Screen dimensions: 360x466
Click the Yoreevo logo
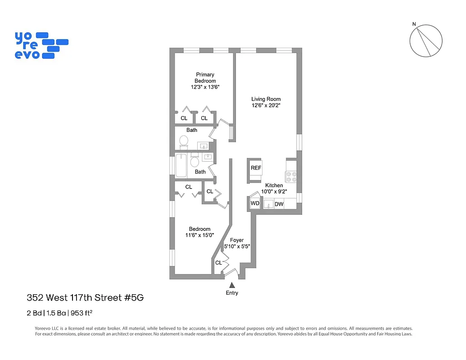click(41, 45)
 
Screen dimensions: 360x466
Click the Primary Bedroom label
click(205, 78)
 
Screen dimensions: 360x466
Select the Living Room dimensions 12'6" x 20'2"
click(266, 106)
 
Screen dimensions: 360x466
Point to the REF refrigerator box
click(256, 168)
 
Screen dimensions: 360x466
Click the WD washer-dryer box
click(255, 203)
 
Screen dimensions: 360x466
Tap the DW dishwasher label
click(279, 204)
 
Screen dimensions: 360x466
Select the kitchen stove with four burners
click(291, 177)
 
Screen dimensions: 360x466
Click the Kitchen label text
click(274, 185)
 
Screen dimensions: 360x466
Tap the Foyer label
click(237, 240)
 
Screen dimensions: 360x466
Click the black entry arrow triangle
click(232, 285)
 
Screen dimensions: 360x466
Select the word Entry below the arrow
click(232, 293)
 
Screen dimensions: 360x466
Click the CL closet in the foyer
click(219, 263)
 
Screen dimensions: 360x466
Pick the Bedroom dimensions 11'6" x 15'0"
click(199, 235)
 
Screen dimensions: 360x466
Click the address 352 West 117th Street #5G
click(86, 297)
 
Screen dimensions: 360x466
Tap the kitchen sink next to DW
click(268, 204)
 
